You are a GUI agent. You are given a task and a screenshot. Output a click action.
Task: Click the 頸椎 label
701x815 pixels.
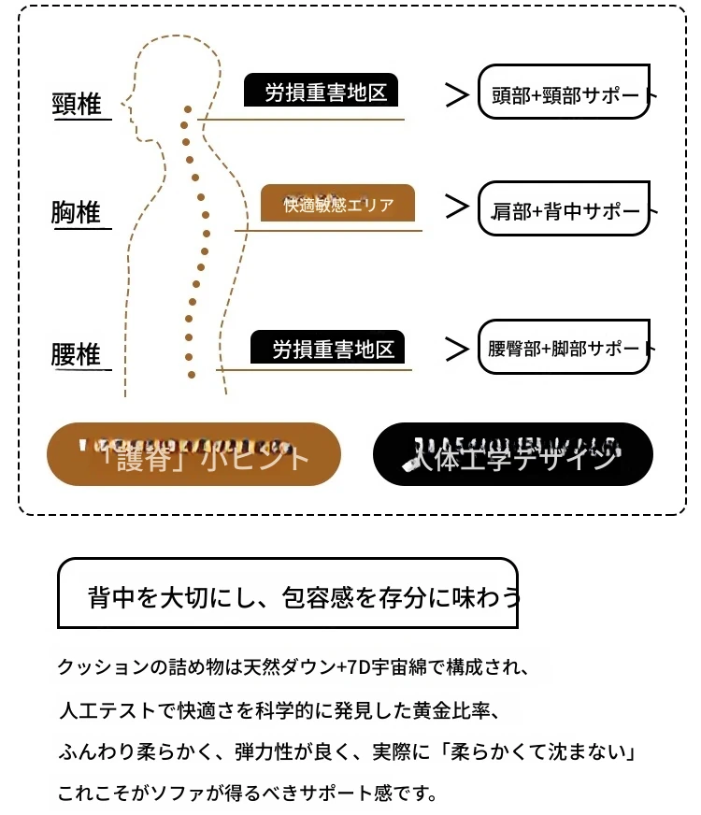coord(77,105)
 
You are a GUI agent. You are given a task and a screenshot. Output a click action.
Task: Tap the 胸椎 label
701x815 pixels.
coord(77,214)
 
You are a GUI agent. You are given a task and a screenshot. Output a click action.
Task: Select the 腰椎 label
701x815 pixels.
coord(77,356)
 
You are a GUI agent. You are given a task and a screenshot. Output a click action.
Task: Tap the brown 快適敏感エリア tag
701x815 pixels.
coord(337,203)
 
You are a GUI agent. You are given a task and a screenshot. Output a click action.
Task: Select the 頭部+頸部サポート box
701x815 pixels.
coord(564,92)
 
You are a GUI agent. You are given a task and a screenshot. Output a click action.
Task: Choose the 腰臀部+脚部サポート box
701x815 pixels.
coord(564,347)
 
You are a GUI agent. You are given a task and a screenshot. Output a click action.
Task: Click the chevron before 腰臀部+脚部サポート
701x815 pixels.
coord(456,349)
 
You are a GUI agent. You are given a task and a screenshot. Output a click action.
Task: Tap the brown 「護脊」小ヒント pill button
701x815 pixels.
coord(193,454)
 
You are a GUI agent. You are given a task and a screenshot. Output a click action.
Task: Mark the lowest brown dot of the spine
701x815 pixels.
coord(192,374)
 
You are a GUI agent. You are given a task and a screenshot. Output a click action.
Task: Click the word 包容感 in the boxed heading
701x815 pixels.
coord(316,595)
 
